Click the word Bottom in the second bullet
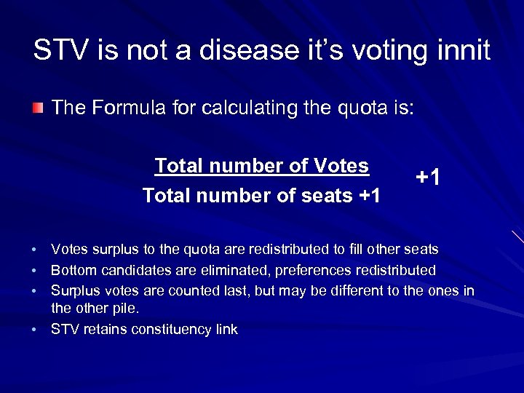coord(72,271)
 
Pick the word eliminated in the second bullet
coord(225,271)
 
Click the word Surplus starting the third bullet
coord(74,291)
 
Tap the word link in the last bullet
coord(226,330)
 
